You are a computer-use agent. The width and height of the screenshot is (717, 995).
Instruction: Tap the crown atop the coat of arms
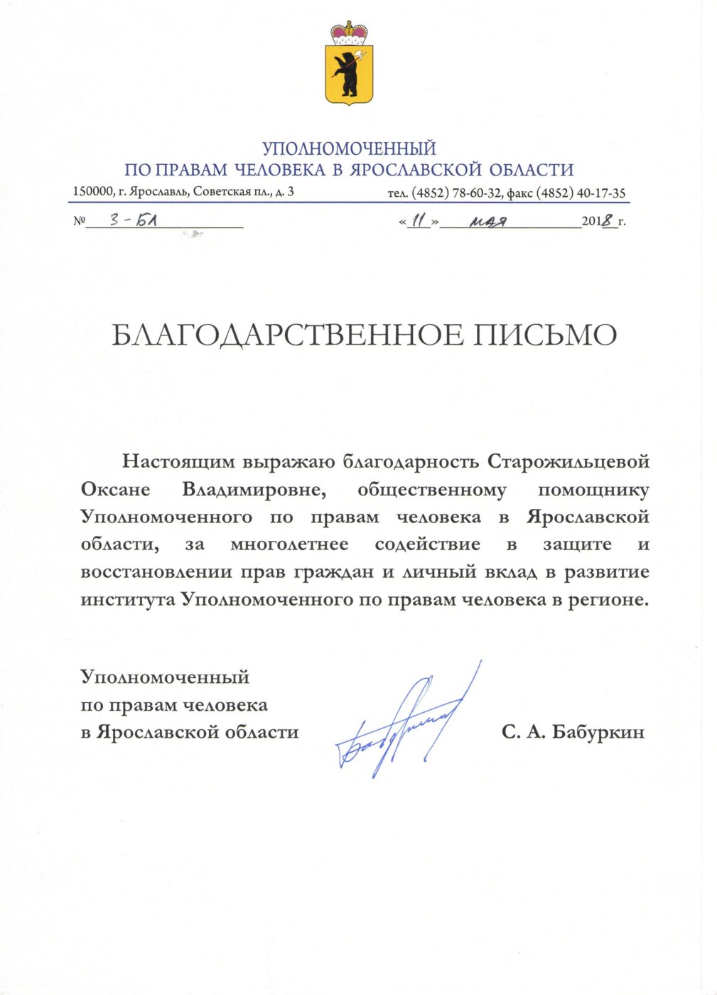point(349,33)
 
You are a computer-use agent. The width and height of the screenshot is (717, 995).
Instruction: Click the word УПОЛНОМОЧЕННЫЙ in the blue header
point(349,149)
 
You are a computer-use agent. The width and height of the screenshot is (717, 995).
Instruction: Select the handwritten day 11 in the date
point(420,221)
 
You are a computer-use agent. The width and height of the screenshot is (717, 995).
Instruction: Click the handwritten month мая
point(487,222)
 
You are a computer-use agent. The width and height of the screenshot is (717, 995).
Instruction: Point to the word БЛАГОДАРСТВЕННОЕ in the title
point(286,335)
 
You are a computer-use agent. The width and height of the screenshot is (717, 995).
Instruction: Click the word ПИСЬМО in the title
point(544,335)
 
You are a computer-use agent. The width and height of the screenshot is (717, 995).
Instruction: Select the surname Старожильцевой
point(568,462)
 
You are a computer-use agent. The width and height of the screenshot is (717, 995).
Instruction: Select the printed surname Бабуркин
point(598,732)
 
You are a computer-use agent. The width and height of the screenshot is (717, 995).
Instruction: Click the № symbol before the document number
point(79,222)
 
